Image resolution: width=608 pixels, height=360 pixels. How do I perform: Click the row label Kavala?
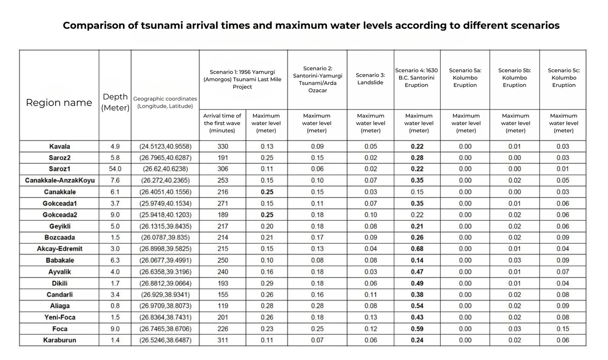coord(59,146)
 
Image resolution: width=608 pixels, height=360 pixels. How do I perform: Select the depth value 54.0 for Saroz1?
coord(115,169)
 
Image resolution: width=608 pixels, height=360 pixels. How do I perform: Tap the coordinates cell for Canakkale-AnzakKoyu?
coord(165,180)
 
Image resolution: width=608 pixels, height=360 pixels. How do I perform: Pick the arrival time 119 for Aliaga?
coord(222,306)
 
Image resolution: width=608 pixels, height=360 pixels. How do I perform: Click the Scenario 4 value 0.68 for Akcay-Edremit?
coord(418,249)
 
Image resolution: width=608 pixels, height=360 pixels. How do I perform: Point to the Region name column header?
coord(59,103)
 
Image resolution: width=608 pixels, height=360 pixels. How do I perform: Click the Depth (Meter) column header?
coord(115,102)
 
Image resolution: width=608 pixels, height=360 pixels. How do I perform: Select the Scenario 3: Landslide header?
coord(370,79)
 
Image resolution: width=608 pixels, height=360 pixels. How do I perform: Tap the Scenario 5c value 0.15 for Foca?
coord(563,329)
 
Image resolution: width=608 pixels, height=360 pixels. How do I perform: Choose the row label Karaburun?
coord(59,340)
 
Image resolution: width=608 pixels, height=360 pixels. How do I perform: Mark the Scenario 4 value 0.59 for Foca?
coord(418,329)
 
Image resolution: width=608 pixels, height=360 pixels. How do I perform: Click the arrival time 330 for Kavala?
coord(222,146)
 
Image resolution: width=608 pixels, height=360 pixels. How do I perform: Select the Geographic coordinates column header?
coord(165,102)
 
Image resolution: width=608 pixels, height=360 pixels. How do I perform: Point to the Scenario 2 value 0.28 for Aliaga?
coord(317,306)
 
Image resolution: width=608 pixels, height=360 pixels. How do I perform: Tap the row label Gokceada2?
coord(59,215)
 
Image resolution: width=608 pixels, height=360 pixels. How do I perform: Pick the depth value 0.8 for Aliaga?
coord(115,306)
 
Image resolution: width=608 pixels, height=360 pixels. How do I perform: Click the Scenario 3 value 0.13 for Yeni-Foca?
coord(370,317)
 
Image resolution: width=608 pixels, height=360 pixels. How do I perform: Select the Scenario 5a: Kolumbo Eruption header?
coord(465,78)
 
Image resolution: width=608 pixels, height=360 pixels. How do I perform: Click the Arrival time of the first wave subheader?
coord(222,123)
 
